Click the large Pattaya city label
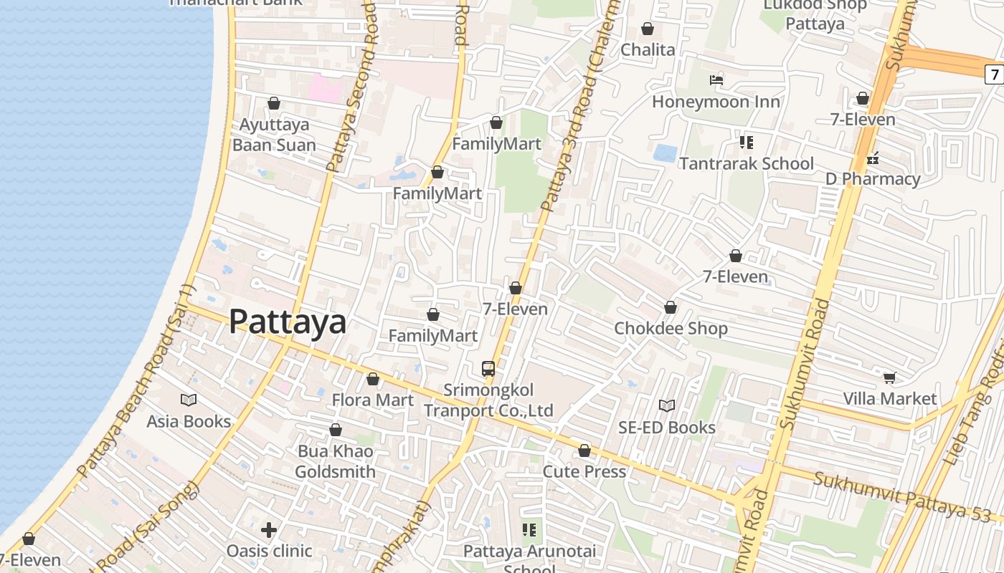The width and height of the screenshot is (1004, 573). [288, 322]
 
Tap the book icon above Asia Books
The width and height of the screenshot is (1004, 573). [189, 400]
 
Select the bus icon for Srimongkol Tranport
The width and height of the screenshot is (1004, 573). [488, 369]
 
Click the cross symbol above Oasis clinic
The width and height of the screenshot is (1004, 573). [269, 530]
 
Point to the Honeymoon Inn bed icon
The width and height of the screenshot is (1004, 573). [716, 80]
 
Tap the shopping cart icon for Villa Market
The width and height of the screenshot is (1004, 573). [890, 377]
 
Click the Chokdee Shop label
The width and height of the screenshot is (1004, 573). [671, 328]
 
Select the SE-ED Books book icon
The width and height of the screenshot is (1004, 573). [667, 406]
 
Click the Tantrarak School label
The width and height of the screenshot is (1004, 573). [746, 163]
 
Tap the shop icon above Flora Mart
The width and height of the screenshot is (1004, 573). [373, 379]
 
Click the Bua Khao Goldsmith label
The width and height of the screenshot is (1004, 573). [335, 462]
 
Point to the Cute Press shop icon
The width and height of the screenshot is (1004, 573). [584, 451]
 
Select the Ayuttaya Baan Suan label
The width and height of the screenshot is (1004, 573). [274, 135]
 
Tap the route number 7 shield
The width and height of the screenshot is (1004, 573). [995, 74]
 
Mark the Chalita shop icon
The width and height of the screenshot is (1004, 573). [648, 29]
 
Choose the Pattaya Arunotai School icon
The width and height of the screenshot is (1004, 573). [529, 530]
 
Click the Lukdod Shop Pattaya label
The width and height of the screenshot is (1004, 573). [815, 14]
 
